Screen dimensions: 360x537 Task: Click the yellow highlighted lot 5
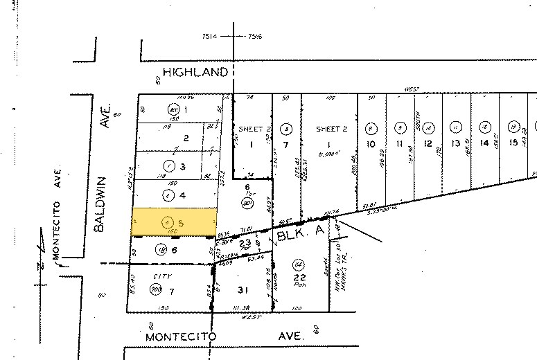tap(174, 222)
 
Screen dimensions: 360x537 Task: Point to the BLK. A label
tap(300, 235)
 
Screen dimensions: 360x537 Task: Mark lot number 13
tap(455, 143)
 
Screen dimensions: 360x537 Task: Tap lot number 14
tap(484, 143)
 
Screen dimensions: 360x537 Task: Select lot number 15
tap(513, 143)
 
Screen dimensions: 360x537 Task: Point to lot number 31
tap(242, 289)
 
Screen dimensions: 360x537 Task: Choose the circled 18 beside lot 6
tap(161, 250)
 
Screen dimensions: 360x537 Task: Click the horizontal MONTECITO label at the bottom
tap(181, 336)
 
